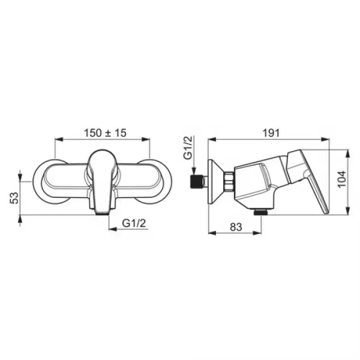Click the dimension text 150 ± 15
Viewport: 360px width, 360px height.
click(x=105, y=133)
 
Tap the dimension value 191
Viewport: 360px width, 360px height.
click(x=271, y=133)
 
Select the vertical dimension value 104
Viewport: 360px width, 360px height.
click(x=342, y=179)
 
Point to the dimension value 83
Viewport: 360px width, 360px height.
click(x=236, y=227)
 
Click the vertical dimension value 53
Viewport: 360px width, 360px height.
click(x=14, y=198)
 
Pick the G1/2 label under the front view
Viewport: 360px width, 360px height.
click(x=134, y=223)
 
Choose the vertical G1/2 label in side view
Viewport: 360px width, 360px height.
click(x=188, y=147)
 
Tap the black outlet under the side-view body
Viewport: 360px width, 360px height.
click(x=261, y=212)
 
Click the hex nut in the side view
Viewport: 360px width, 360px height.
click(x=230, y=181)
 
